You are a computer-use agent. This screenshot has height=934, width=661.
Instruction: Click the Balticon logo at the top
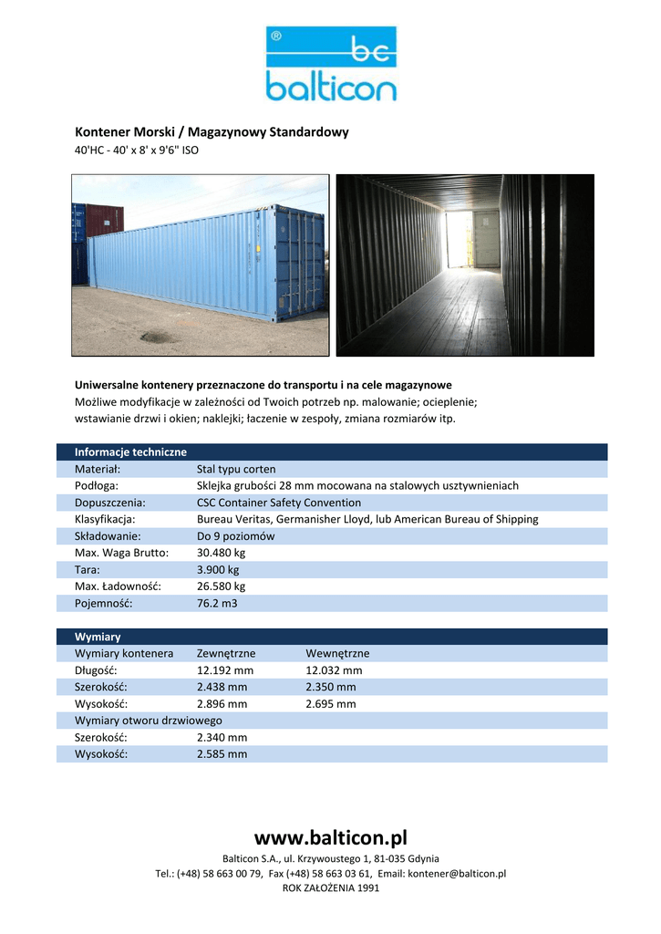[331, 64]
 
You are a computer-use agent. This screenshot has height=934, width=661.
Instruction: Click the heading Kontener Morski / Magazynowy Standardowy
[212, 132]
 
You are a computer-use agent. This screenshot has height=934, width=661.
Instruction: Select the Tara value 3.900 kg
[218, 569]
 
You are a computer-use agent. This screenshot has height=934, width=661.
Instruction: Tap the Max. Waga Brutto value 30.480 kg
[222, 553]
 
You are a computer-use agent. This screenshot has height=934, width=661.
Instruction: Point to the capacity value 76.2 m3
[217, 603]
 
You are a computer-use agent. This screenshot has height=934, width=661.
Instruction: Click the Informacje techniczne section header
[130, 452]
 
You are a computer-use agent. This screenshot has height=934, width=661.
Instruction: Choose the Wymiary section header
[98, 637]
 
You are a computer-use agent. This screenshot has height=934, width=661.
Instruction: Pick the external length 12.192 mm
[225, 670]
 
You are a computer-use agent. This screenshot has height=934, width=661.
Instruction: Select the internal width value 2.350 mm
[331, 687]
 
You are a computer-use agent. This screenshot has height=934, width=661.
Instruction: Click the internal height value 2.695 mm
[331, 704]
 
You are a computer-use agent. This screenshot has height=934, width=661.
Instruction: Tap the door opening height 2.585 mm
[222, 754]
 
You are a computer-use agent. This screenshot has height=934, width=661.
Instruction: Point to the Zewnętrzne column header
[226, 653]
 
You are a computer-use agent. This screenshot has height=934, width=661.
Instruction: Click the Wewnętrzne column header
[337, 653]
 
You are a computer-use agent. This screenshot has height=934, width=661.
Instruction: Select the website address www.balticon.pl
[330, 837]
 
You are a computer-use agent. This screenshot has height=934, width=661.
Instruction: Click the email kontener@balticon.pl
[456, 874]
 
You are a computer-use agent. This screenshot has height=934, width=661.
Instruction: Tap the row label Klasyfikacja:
[105, 519]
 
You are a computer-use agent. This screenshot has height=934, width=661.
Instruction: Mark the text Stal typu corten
[236, 469]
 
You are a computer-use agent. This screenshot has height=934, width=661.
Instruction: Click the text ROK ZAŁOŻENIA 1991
[330, 888]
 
